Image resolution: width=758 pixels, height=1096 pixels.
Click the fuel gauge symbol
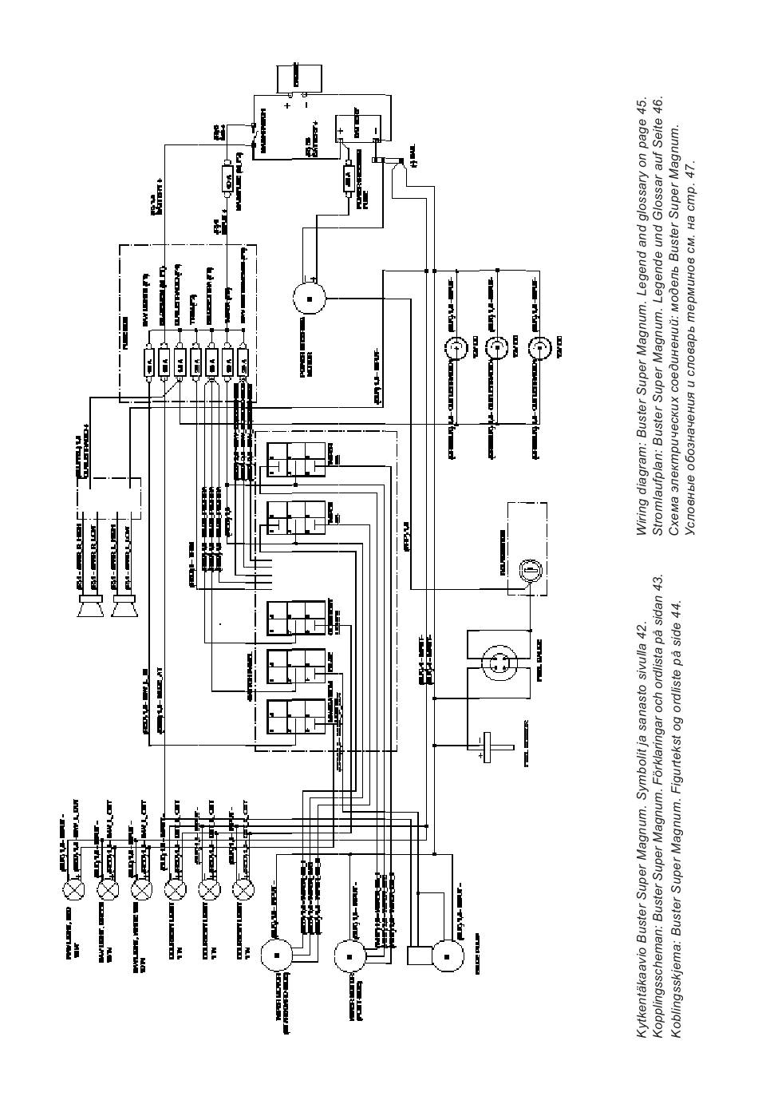pos(499,662)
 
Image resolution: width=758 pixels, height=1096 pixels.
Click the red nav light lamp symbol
pos(74,888)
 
